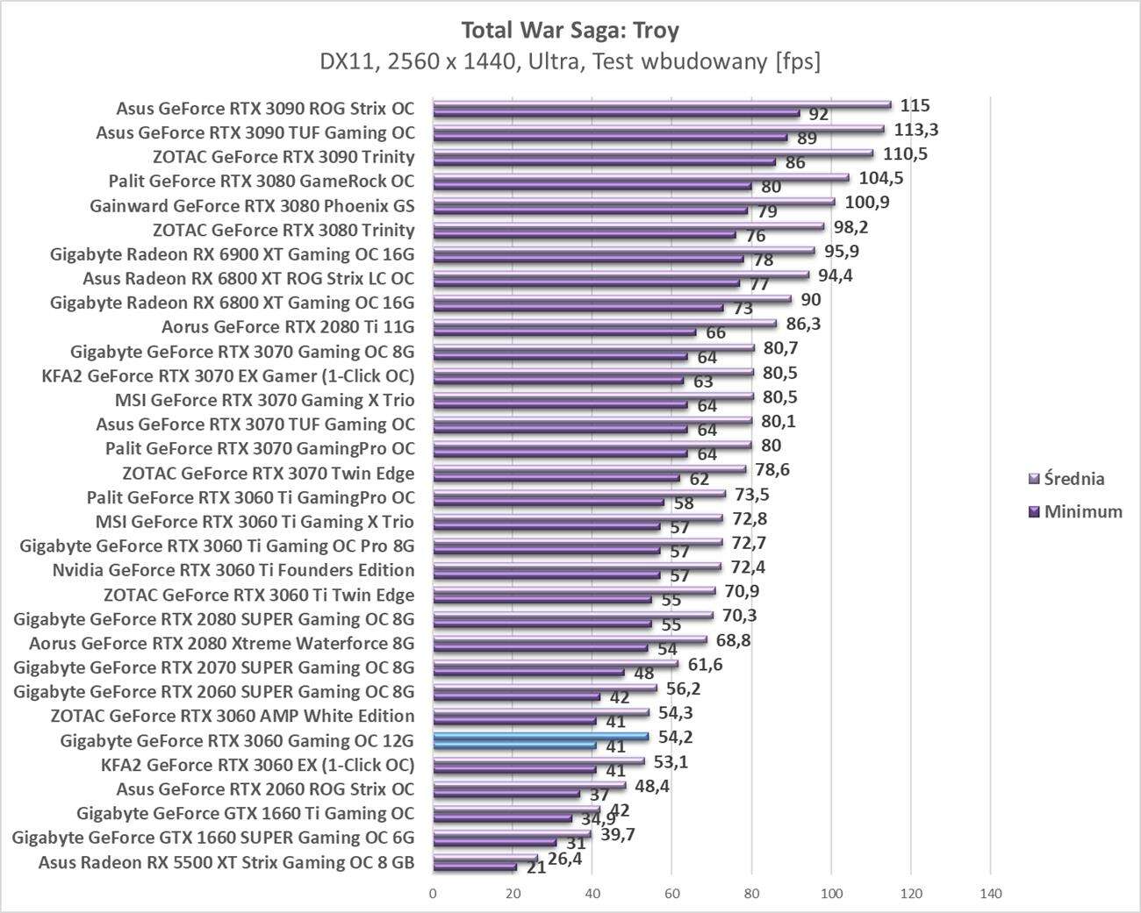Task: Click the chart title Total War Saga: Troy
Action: click(x=570, y=30)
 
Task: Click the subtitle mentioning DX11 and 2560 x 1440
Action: click(x=570, y=61)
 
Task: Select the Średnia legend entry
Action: click(x=1066, y=479)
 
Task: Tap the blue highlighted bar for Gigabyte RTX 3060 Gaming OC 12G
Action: click(x=541, y=738)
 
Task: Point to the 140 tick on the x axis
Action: click(x=990, y=894)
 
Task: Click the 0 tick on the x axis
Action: click(x=433, y=894)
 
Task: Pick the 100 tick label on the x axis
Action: click(x=830, y=894)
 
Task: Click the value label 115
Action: click(x=915, y=105)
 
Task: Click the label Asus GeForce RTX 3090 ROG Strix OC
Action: click(x=265, y=109)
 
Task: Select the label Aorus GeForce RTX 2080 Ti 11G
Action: click(x=288, y=327)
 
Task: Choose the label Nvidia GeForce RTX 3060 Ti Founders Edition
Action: click(x=233, y=570)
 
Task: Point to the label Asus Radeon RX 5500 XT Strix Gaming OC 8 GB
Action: click(x=226, y=862)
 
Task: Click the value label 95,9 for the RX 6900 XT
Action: click(x=842, y=251)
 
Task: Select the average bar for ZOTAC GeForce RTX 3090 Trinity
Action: click(x=652, y=153)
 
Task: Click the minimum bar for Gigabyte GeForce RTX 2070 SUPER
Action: click(x=528, y=673)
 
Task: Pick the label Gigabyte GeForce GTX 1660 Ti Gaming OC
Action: click(x=246, y=813)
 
